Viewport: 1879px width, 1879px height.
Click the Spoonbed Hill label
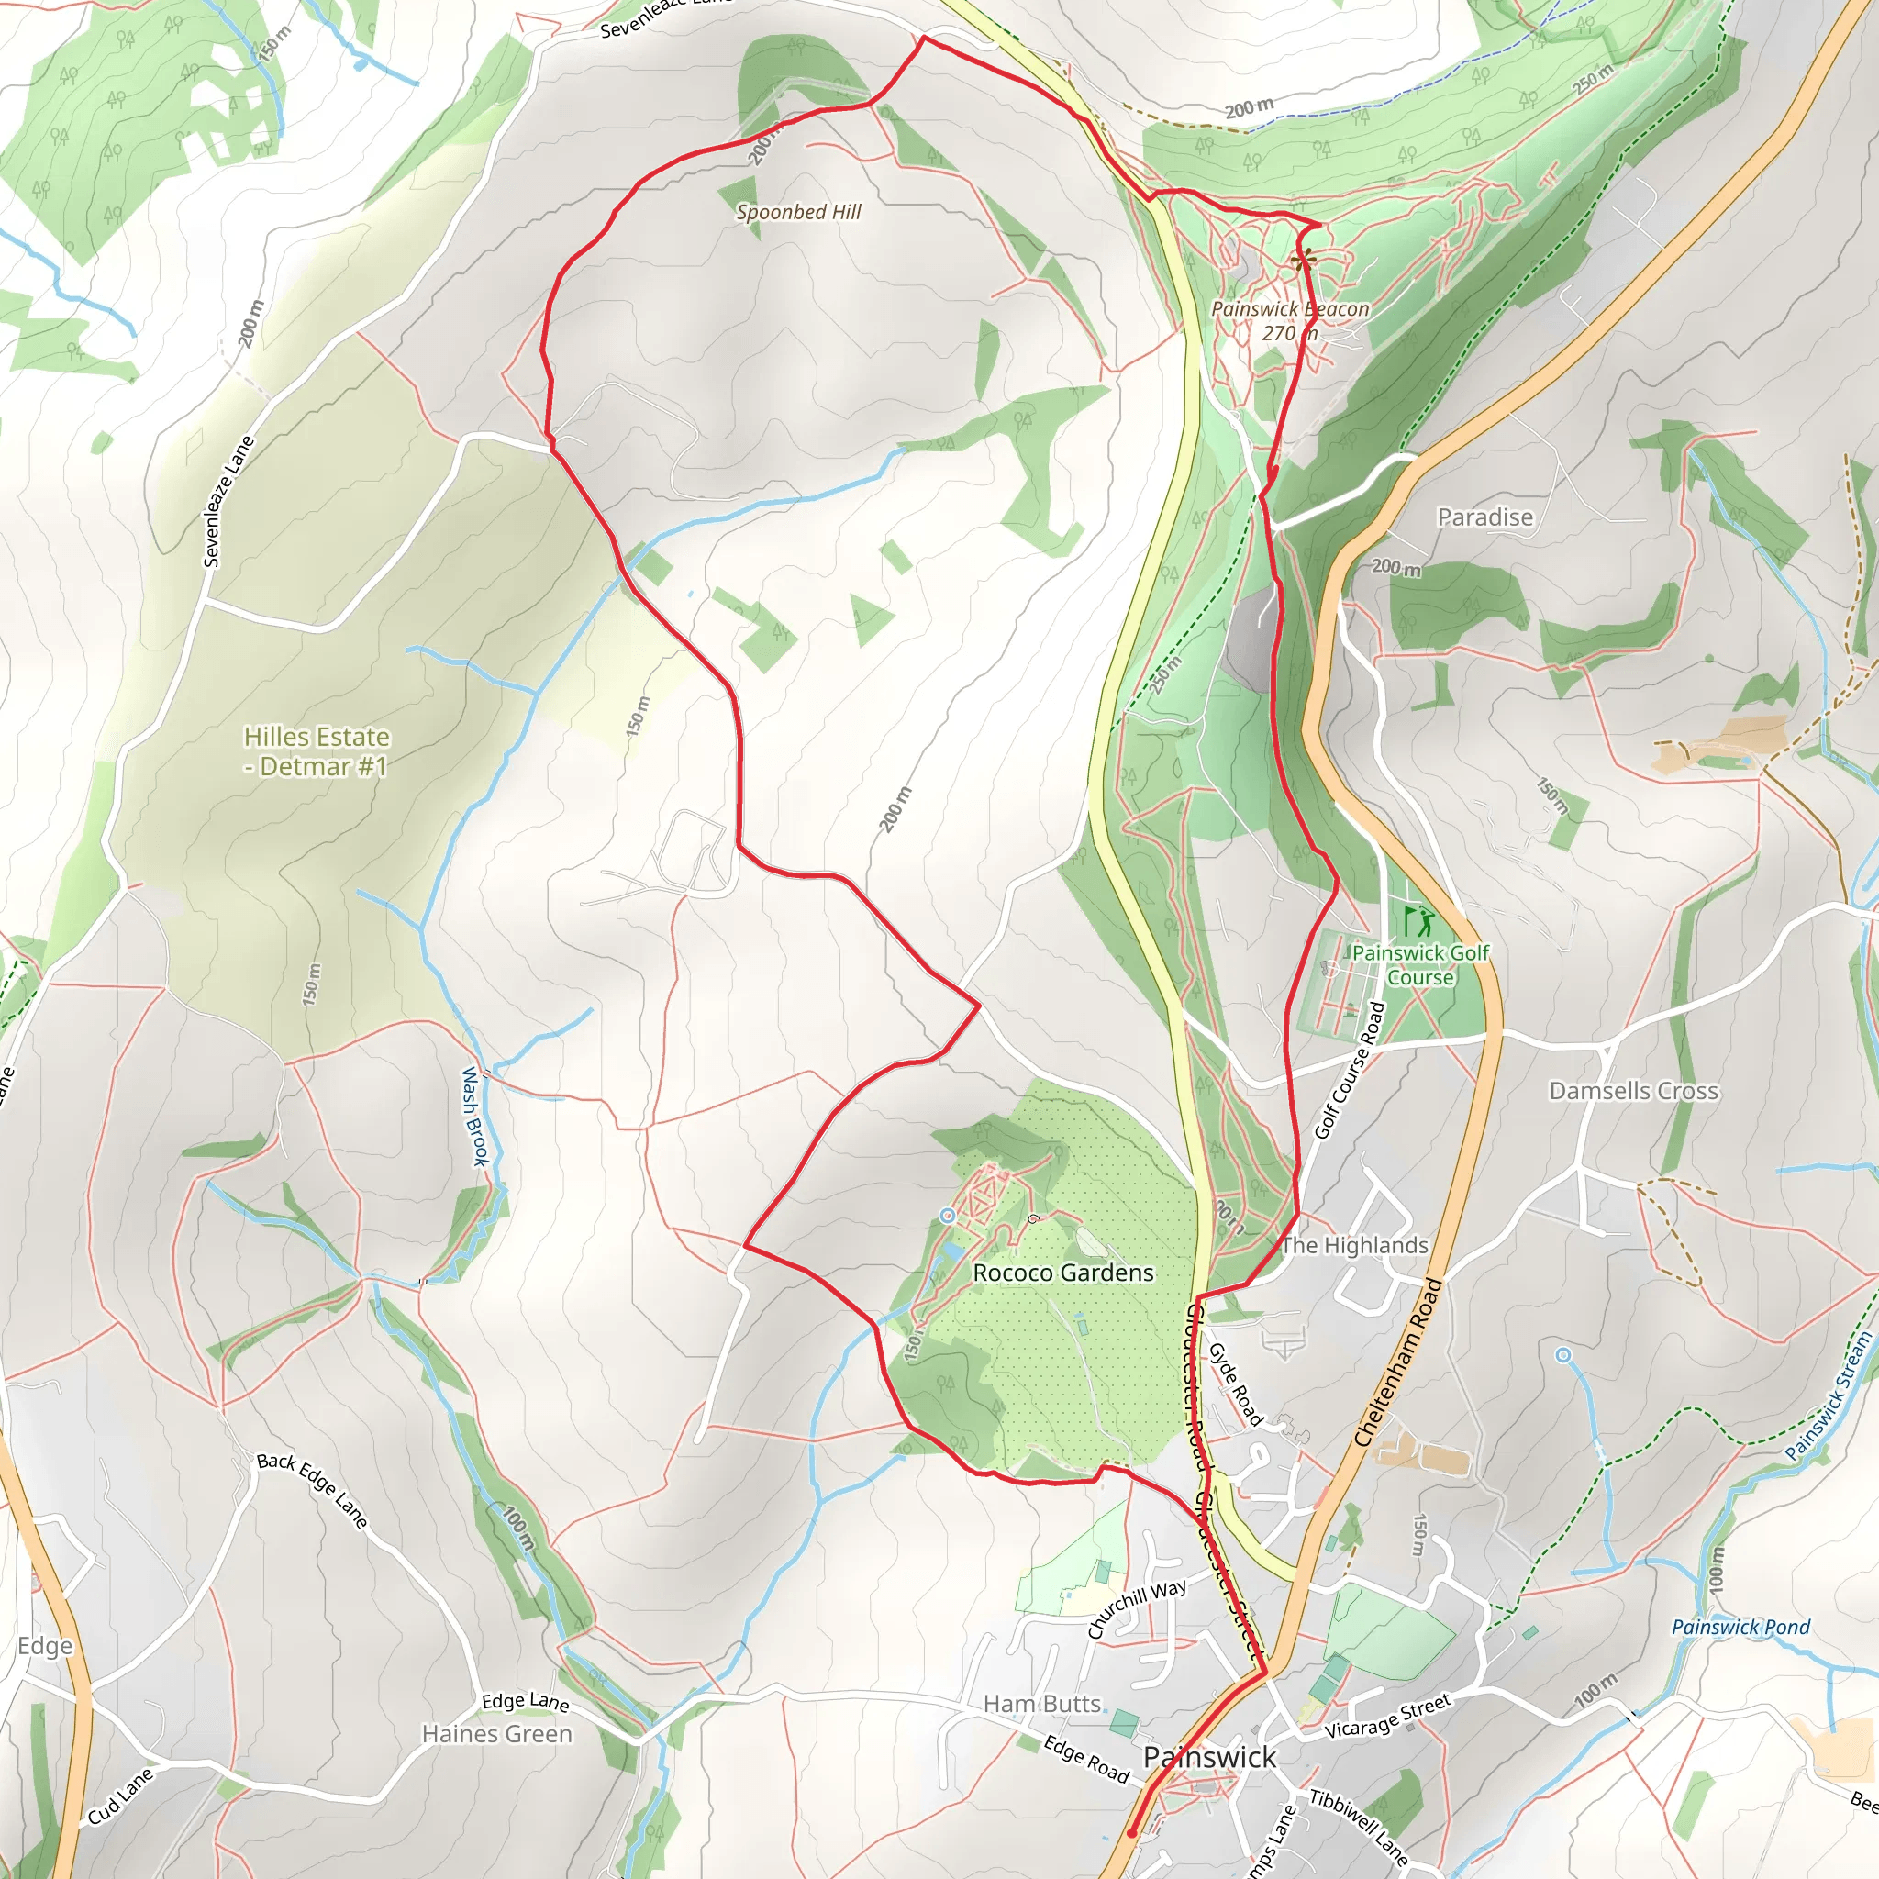798,212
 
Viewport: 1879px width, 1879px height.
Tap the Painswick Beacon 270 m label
1290,321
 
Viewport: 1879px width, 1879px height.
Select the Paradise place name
1485,517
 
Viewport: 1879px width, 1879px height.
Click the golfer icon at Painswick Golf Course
1419,920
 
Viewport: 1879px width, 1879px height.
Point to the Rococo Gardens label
1063,1273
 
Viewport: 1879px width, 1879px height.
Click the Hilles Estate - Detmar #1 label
317,750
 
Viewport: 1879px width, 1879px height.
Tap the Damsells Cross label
1634,1091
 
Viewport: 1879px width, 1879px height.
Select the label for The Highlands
1355,1246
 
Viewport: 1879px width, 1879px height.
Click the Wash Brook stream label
473,1117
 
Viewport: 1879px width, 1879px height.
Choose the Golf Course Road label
1350,1070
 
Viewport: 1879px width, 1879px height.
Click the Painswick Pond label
1740,1627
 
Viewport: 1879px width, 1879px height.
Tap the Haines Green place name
497,1734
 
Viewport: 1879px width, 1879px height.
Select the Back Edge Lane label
312,1491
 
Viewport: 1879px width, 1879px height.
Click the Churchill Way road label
1137,1609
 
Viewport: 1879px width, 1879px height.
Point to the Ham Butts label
1041,1704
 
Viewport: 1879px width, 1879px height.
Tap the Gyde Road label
1235,1384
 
